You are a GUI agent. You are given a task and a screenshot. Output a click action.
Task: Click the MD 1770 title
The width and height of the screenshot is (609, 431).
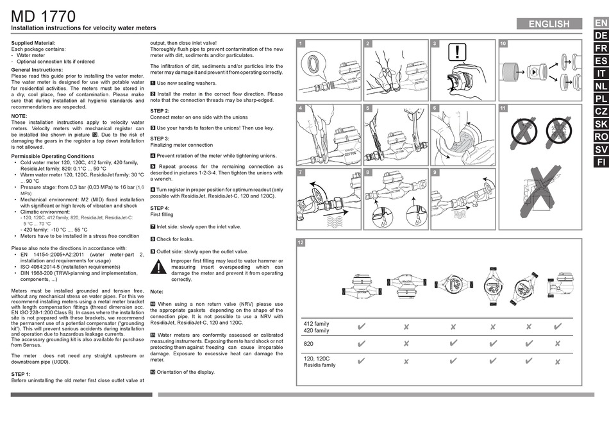click(x=44, y=15)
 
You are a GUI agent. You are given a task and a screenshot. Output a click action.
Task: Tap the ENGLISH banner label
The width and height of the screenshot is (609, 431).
click(x=549, y=24)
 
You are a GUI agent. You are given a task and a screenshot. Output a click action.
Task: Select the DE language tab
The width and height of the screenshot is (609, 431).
click(x=601, y=35)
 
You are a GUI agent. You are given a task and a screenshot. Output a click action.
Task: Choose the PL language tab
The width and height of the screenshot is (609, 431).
click(x=601, y=99)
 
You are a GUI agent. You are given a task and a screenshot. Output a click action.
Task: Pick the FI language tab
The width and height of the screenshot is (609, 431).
click(x=601, y=162)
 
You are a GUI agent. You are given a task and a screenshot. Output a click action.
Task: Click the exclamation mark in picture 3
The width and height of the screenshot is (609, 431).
click(x=456, y=52)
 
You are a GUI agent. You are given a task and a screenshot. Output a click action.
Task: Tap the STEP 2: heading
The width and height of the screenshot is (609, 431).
click(x=160, y=111)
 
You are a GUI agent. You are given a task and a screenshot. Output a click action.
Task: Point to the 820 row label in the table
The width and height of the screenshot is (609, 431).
click(x=308, y=344)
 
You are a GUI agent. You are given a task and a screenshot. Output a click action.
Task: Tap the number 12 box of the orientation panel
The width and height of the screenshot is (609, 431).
click(x=301, y=242)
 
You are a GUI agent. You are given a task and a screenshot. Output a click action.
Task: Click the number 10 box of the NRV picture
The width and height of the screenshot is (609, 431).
click(x=503, y=43)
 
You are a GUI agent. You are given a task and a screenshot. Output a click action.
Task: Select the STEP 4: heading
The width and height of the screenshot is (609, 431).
click(x=160, y=208)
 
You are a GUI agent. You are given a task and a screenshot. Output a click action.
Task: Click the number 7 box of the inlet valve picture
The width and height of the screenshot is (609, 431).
click(x=301, y=173)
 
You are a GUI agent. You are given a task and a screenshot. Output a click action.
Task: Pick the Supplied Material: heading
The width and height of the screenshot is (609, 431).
click(x=34, y=42)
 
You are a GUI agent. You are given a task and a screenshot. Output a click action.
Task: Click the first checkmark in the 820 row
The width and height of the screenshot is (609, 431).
click(x=361, y=344)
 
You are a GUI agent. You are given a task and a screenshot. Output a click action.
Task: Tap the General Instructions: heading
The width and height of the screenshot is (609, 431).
click(x=37, y=69)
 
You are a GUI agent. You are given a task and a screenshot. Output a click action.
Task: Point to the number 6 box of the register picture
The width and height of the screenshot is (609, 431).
click(x=434, y=108)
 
